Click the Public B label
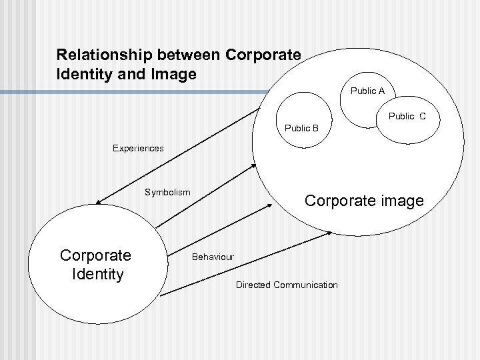coord(301,128)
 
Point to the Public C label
coord(407,117)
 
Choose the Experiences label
coord(137,149)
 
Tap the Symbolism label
coord(167,192)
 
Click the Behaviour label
coord(213,257)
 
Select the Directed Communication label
coord(287,285)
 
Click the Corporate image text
coord(363,201)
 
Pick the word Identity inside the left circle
coord(96,273)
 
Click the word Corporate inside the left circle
coord(95,255)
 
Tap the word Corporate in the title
coord(261,53)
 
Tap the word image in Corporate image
coord(399,201)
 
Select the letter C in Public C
coord(423,117)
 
